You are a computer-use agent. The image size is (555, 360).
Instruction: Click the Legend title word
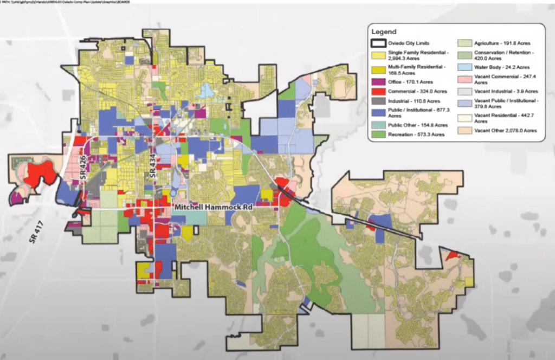click(384, 32)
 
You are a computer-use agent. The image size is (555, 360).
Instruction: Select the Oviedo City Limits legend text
click(412, 42)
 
